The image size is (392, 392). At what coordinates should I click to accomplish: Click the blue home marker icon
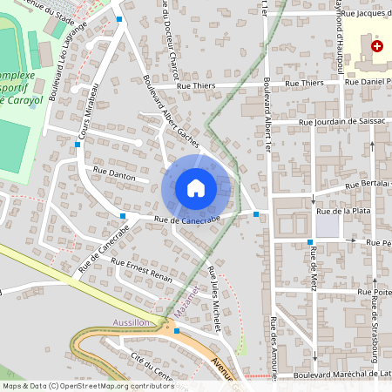tap(196, 187)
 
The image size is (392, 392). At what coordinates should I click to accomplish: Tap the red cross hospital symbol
tap(376, 45)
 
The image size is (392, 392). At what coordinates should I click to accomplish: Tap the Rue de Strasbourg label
tap(375, 322)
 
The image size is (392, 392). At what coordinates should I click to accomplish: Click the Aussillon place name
tap(132, 322)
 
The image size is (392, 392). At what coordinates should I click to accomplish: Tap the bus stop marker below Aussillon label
tap(177, 331)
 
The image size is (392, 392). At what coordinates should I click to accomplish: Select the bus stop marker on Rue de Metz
tap(310, 241)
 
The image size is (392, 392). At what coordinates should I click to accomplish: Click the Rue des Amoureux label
tap(274, 348)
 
